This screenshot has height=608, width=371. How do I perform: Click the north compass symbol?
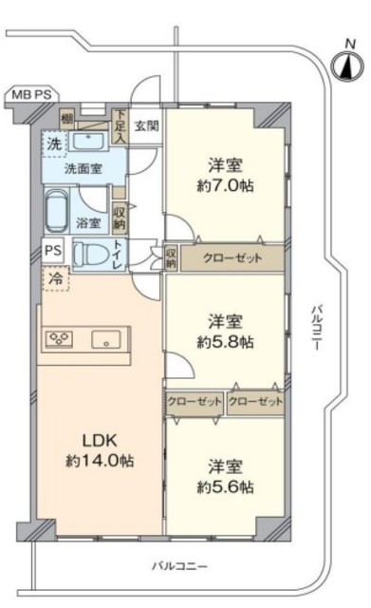[347, 66]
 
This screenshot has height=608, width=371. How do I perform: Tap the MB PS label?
[31, 95]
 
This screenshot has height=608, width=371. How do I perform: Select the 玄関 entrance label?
[147, 125]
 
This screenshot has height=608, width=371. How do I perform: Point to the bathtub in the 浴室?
[57, 211]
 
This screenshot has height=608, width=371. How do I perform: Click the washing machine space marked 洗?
[55, 143]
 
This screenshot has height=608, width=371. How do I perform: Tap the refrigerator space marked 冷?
[56, 278]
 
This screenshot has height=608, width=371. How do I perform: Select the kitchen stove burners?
[59, 339]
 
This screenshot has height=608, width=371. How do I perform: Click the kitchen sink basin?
[105, 339]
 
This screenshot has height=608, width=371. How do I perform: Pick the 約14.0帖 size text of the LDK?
[100, 461]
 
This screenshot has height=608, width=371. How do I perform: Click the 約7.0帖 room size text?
[226, 186]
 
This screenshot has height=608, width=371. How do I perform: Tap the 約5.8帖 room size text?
[226, 342]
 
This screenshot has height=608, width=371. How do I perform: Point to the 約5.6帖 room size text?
[226, 487]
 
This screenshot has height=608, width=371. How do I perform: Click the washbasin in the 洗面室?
[89, 142]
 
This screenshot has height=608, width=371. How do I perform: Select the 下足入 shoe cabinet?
[120, 126]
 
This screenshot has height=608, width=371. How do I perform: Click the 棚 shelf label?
[66, 119]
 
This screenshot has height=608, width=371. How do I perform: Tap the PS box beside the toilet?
[53, 250]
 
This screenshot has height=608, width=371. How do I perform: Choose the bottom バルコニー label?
[179, 566]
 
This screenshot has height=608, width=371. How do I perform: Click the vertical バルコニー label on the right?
[317, 328]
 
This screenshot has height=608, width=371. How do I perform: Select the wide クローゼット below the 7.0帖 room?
[232, 257]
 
